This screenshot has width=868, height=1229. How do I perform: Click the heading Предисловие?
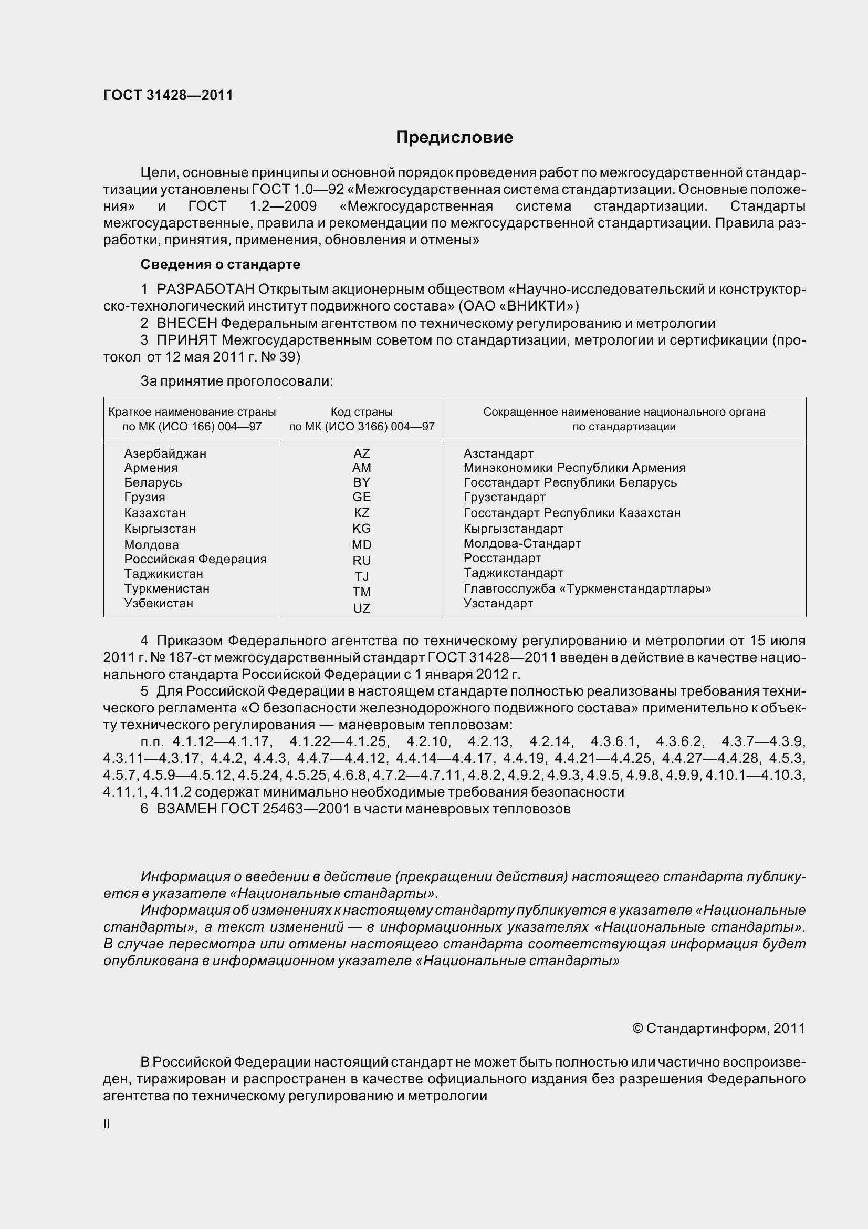point(454,138)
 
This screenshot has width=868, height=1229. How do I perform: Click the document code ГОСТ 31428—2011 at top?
point(168,95)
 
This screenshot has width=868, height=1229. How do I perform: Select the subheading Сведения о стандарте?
point(220,264)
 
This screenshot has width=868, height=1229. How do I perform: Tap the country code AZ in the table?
point(361,453)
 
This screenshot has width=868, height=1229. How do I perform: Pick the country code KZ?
point(361,513)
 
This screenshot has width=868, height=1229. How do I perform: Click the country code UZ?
point(361,608)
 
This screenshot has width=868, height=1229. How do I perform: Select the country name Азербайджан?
point(165,453)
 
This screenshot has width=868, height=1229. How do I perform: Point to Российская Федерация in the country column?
point(195,559)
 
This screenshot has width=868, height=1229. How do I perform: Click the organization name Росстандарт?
point(502,558)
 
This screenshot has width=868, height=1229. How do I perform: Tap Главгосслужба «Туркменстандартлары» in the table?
point(587,589)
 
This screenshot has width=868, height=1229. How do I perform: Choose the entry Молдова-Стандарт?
point(522,543)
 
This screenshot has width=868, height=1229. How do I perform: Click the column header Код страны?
point(361,411)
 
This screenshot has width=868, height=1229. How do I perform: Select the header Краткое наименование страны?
point(192,411)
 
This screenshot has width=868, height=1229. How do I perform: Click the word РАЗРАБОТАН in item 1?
point(205,290)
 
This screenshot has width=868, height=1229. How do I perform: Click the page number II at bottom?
point(107,1124)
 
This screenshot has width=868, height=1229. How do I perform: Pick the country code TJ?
point(361,576)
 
